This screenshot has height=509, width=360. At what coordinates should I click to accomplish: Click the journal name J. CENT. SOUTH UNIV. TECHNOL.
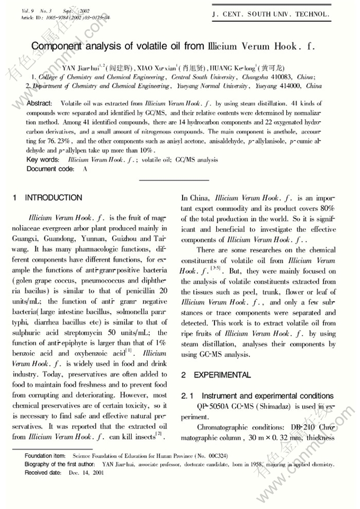[x=270, y=14]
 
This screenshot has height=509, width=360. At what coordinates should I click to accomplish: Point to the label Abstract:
[x=39, y=103]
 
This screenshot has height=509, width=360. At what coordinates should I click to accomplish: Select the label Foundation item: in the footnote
[x=46, y=456]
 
